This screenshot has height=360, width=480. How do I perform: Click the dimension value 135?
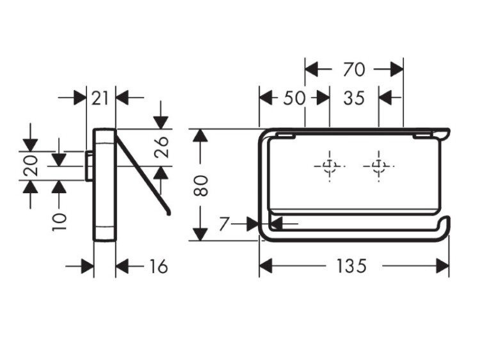pyautogui.click(x=353, y=266)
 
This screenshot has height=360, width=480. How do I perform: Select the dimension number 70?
pyautogui.click(x=353, y=68)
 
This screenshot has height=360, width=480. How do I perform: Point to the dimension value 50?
pyautogui.click(x=294, y=98)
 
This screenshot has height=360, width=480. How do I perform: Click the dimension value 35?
pyautogui.click(x=353, y=98)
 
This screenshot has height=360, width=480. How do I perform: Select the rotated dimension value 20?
pyautogui.click(x=31, y=166)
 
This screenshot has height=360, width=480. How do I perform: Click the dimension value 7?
pyautogui.click(x=224, y=224)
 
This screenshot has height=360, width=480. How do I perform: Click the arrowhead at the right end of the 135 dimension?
pyautogui.click(x=442, y=266)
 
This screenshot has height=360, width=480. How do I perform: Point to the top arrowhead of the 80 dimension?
pyautogui.click(x=201, y=136)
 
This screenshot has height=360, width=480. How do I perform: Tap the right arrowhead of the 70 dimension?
pyautogui.click(x=397, y=68)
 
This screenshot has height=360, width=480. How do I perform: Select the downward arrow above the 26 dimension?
pyautogui.click(x=161, y=121)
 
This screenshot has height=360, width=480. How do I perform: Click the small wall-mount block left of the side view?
pyautogui.click(x=89, y=166)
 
